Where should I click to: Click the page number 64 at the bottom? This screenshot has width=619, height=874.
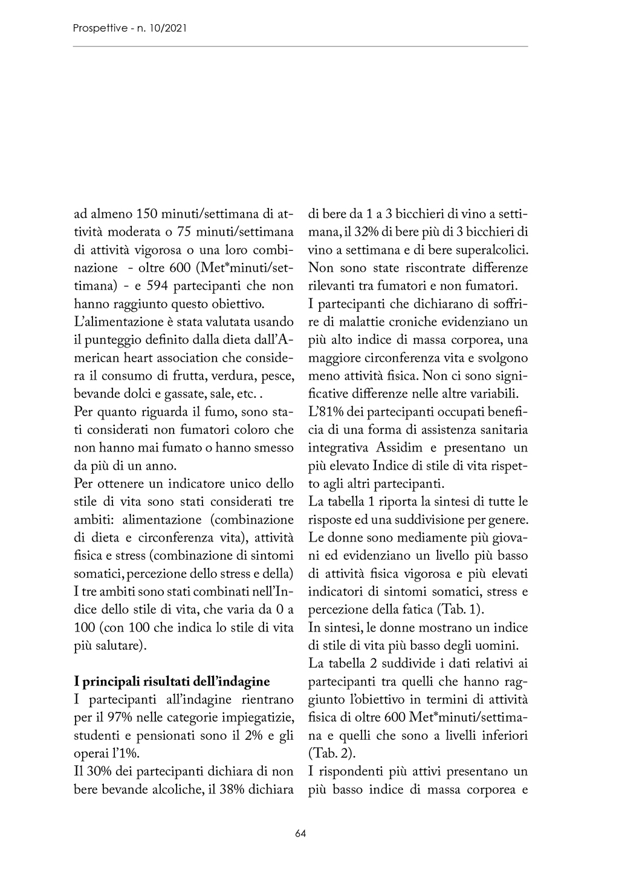click(300, 834)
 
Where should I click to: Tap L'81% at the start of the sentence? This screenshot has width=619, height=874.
click(323, 412)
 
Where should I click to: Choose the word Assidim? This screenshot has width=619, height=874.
click(401, 448)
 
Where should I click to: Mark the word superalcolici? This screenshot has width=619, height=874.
click(490, 250)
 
